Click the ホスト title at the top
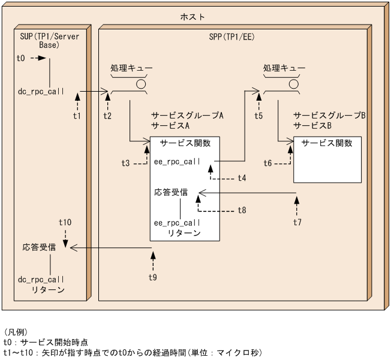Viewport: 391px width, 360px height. (x=193, y=17)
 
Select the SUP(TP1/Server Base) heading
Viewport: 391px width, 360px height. (x=49, y=40)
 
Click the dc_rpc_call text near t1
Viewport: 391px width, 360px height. (x=41, y=92)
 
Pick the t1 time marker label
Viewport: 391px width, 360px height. (x=77, y=115)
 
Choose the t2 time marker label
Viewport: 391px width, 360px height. (x=107, y=115)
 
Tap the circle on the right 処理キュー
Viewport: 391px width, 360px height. (x=294, y=84)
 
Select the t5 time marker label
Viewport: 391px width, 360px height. (x=258, y=115)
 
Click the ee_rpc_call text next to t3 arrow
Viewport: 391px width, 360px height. (x=177, y=162)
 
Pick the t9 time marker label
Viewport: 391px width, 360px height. (x=153, y=277)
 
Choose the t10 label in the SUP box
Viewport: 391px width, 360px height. (x=65, y=222)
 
